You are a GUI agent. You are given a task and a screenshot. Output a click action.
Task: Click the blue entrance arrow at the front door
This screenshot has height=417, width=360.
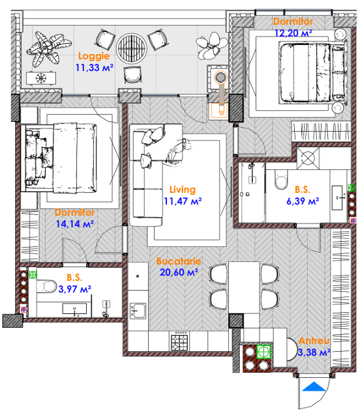314,386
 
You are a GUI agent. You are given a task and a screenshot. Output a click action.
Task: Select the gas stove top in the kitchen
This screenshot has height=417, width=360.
179,341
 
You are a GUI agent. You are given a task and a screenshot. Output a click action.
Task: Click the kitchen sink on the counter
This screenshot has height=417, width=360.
138,311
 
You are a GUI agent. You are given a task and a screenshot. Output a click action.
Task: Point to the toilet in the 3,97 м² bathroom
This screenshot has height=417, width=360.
46,286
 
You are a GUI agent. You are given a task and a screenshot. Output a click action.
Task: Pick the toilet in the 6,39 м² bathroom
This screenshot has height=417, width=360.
281,180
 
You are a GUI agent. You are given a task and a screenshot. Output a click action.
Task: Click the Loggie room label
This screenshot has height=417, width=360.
94,56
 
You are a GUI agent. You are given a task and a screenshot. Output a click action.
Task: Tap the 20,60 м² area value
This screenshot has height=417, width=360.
179,272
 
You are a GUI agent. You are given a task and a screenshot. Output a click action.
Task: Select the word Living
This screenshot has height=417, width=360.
183,190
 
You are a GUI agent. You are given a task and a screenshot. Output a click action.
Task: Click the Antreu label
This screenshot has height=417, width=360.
314,340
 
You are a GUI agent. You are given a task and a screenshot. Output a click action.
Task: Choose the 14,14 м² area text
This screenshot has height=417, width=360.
74,224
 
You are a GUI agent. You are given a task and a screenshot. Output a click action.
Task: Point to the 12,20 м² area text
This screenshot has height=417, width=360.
293,33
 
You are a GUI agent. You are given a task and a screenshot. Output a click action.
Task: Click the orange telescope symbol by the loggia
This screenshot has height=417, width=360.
220,94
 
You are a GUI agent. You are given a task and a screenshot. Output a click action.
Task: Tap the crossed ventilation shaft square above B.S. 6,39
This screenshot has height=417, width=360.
308,158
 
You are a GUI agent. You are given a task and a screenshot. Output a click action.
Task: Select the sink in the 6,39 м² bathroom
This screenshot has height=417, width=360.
337,197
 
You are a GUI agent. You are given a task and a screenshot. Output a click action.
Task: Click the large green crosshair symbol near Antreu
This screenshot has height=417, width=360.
263,352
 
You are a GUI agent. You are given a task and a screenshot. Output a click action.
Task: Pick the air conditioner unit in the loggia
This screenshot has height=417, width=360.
41,78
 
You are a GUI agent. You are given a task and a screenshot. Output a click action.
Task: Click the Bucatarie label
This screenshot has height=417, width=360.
179,261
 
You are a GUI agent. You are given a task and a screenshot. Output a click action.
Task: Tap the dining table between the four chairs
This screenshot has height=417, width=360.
244,287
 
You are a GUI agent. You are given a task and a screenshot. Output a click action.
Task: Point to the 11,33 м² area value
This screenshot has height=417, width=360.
95,68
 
